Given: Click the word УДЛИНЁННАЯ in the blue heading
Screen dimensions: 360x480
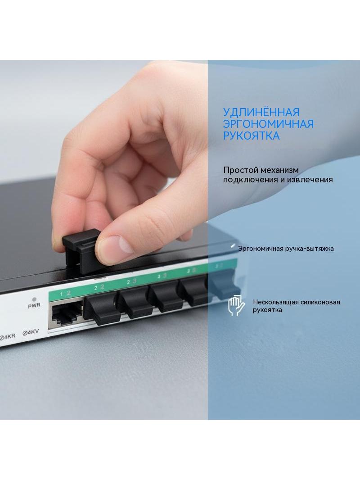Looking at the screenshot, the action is [x=261, y=112].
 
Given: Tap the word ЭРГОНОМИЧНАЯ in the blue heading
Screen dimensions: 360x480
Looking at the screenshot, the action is [x=268, y=124].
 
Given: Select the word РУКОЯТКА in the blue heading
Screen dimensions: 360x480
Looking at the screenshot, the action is [x=251, y=136].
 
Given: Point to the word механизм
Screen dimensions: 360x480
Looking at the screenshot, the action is [x=279, y=170].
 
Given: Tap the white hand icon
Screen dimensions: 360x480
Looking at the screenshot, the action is [x=236, y=305].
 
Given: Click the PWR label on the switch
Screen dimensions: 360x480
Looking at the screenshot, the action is [x=34, y=305].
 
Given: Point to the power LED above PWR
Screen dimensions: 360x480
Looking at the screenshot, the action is [x=34, y=299].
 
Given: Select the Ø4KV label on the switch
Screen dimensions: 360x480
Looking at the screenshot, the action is [x=31, y=332].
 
